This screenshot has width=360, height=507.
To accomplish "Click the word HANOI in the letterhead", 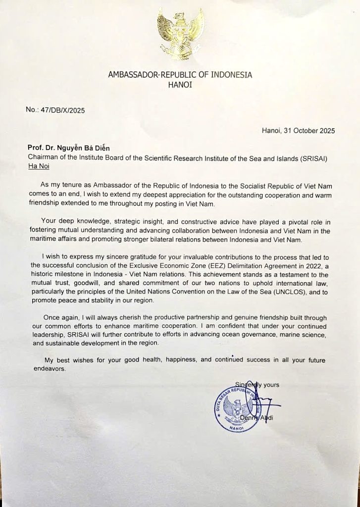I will click(180, 85).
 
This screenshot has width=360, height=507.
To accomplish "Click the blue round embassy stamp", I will click(237, 406).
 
